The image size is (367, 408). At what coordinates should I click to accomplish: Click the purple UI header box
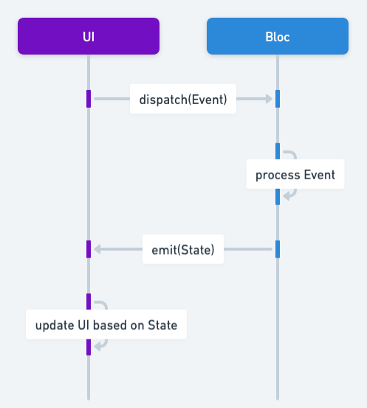coord(89,36)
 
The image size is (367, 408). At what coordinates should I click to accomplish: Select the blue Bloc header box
coord(278,36)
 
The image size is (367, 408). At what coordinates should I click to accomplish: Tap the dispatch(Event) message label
coord(183,99)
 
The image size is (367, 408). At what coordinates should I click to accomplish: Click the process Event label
coord(295,175)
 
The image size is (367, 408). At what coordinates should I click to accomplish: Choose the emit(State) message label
coord(183,249)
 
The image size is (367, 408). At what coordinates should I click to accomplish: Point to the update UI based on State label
coord(106,325)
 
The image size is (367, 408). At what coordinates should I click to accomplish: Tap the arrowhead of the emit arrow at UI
coord(97,249)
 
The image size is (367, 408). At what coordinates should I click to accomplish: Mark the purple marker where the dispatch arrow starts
coord(89,99)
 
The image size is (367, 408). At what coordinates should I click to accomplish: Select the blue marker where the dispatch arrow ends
coord(278,99)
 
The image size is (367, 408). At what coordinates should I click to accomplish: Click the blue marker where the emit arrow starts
coord(278,249)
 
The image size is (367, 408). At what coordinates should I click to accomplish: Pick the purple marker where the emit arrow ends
coord(89,249)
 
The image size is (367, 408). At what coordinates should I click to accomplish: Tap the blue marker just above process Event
coord(278,151)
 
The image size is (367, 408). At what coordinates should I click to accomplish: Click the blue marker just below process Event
coord(278,196)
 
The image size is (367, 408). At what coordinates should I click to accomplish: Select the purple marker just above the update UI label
coord(89,301)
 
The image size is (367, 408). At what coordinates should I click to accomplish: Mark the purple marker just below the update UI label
coord(89,346)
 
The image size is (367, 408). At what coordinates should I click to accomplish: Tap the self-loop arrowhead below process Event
coord(287,195)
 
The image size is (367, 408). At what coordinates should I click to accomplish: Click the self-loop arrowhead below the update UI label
coord(97,345)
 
